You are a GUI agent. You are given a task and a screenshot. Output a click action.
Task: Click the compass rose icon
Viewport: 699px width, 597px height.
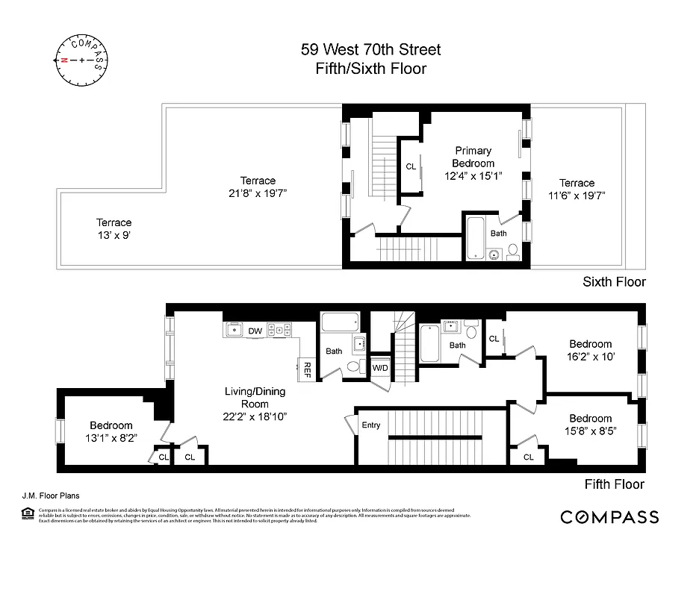[x=81, y=59]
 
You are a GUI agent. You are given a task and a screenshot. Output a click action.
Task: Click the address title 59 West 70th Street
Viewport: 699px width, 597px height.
[x=370, y=50]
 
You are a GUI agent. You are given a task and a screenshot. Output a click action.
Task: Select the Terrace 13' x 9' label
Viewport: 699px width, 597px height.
[x=114, y=228]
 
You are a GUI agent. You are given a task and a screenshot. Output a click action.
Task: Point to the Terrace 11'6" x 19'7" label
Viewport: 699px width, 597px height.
[x=577, y=190]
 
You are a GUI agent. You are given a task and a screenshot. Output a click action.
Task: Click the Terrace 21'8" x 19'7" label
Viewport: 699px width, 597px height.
[x=258, y=187]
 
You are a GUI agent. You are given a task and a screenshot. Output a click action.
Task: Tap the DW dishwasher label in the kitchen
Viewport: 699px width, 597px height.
[x=255, y=330]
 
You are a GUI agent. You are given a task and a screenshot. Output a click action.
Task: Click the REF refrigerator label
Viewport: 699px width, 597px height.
[x=305, y=368]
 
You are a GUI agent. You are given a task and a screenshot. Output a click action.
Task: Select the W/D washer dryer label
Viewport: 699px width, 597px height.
[x=380, y=368]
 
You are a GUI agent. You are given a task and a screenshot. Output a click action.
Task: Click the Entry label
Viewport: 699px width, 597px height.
[x=371, y=425]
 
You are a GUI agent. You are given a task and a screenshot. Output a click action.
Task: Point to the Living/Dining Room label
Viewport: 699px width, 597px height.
[x=255, y=398]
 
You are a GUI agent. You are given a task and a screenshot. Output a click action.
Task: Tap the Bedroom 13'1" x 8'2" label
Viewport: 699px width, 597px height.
[x=112, y=431]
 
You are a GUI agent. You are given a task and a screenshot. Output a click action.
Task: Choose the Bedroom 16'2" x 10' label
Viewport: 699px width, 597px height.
[x=590, y=351]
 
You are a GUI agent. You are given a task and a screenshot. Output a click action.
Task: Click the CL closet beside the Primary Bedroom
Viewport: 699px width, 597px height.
[x=411, y=167]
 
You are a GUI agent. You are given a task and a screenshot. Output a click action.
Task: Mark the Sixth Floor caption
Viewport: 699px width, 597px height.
[x=614, y=282]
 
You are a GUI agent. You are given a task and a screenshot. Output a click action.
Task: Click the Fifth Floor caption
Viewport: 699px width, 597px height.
[x=614, y=484]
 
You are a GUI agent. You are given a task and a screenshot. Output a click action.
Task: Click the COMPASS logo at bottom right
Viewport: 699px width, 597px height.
[x=609, y=517]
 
